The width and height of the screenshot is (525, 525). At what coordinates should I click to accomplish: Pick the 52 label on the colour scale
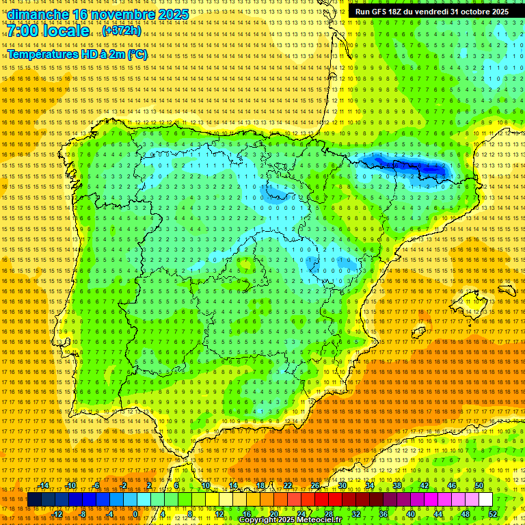tap(493, 514)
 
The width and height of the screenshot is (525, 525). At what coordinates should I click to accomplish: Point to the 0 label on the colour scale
tap(135, 514)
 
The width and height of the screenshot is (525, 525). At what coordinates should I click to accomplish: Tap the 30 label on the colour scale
tap(342, 485)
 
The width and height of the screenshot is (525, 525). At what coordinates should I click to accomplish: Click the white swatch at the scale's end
tap(485, 500)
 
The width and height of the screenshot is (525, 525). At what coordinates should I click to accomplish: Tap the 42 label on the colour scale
tap(424, 485)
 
